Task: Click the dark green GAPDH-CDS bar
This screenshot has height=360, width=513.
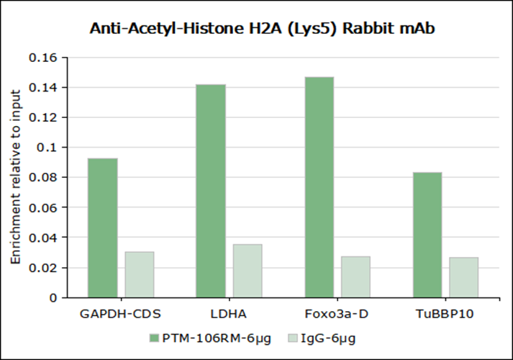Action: [x=102, y=227]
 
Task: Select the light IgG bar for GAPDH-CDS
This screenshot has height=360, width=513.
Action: [x=140, y=274]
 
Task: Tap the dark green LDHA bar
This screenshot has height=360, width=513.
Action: [x=211, y=190]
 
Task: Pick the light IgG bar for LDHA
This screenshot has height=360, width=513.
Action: [x=248, y=271]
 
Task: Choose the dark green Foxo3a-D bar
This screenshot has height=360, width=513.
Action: [x=319, y=186]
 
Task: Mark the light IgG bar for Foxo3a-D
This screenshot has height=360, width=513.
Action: [x=355, y=276]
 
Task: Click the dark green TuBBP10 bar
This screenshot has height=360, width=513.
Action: [x=427, y=234]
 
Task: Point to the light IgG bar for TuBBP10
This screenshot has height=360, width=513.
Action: [x=464, y=277]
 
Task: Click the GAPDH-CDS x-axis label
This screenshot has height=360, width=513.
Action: [x=121, y=315]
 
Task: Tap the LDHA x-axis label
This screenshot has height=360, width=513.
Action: [x=229, y=315]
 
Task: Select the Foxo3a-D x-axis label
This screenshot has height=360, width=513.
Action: [x=337, y=315]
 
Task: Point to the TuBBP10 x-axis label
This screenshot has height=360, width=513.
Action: [x=445, y=315]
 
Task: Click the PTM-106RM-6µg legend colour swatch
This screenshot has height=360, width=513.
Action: [x=154, y=338]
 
